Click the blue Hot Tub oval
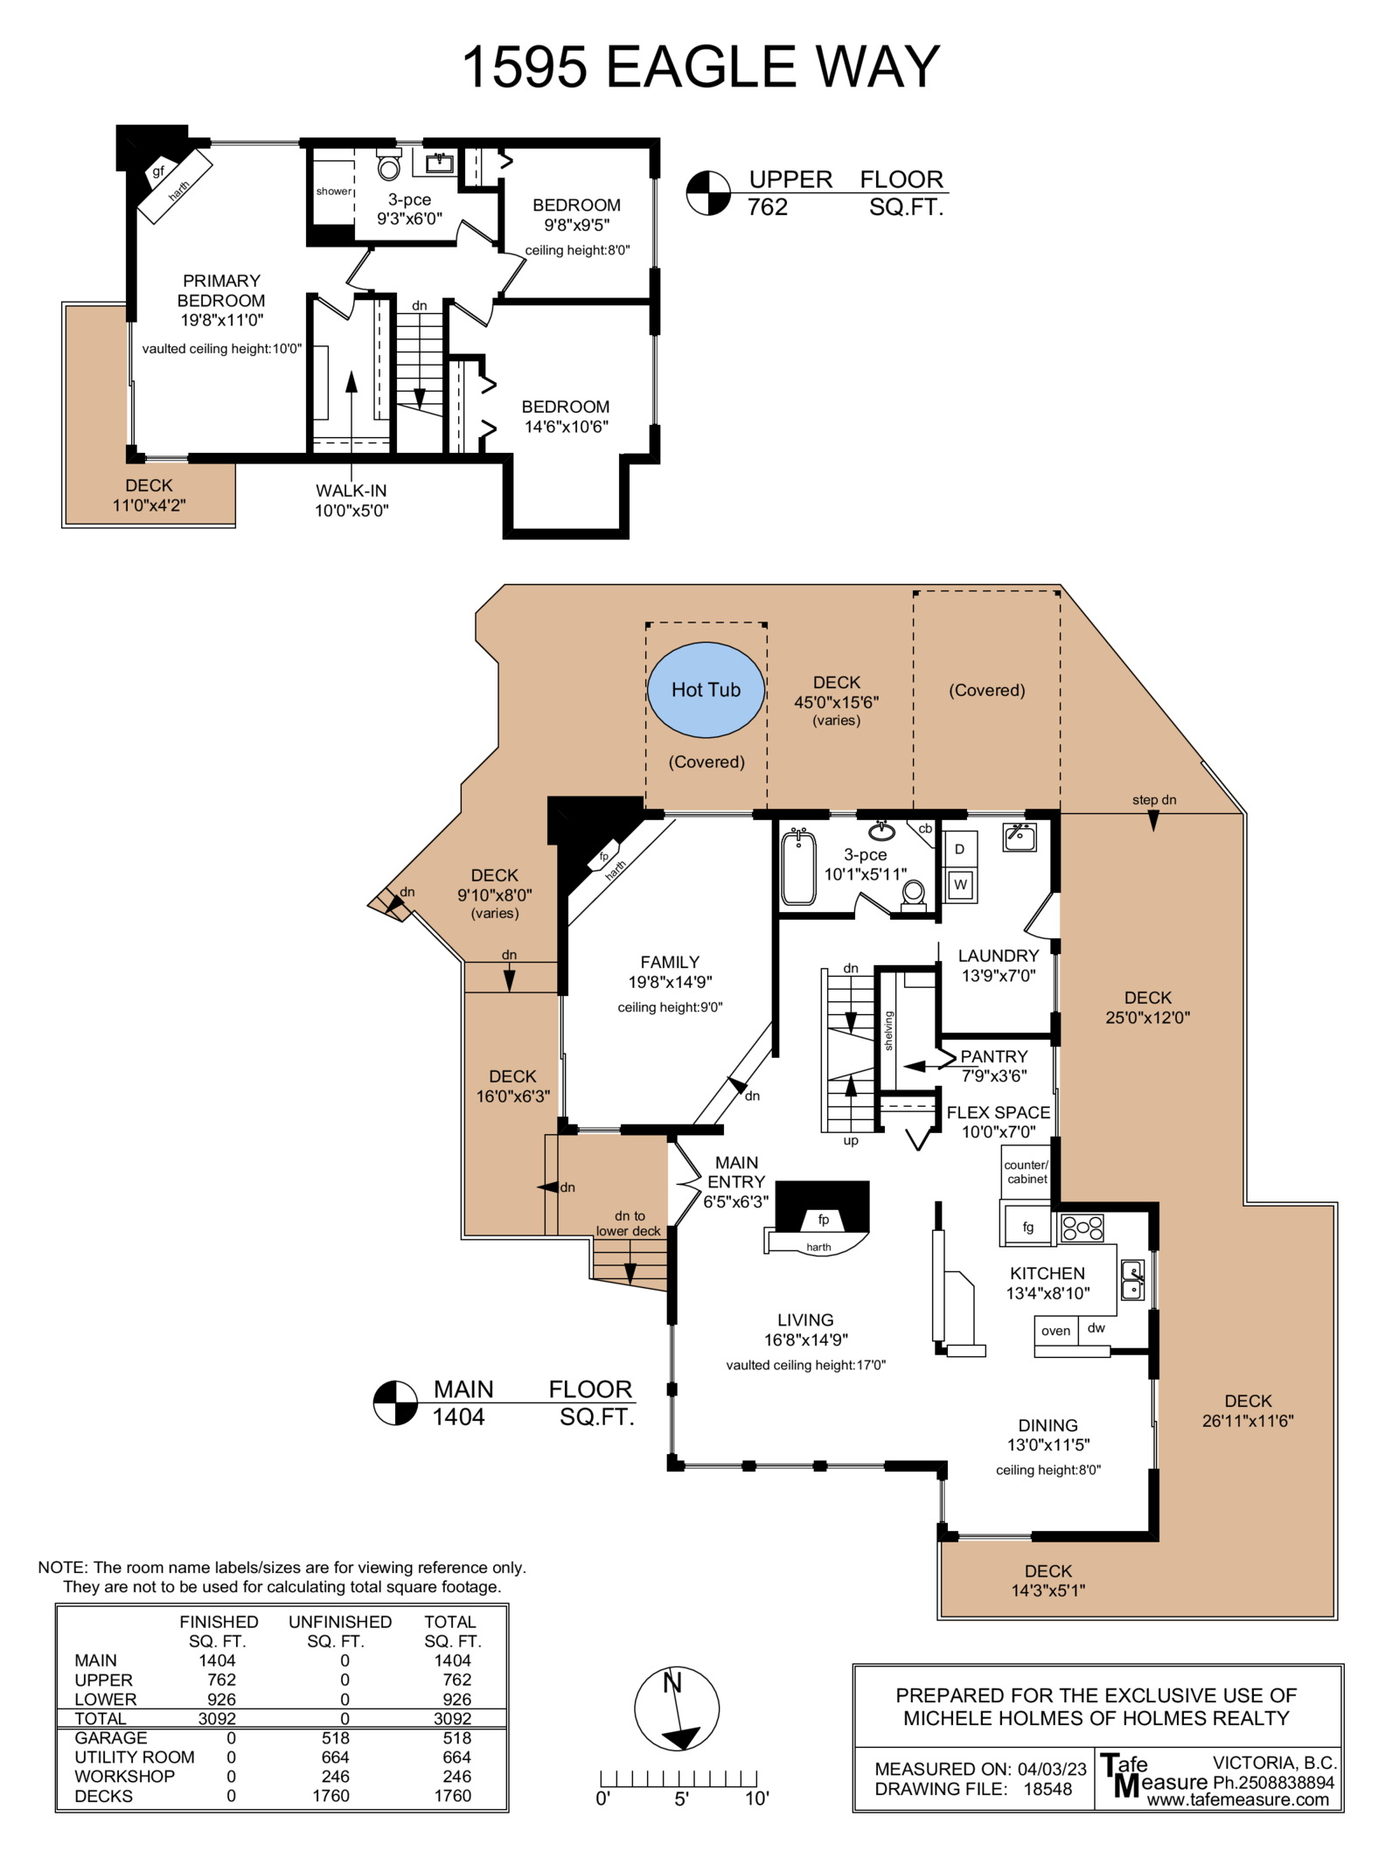click(706, 690)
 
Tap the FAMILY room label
click(670, 962)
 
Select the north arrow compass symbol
click(677, 1708)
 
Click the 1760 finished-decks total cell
click(453, 1795)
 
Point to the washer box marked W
click(960, 885)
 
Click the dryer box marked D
click(959, 849)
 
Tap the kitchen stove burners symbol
click(1082, 1228)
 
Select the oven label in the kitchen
click(1055, 1331)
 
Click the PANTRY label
click(994, 1056)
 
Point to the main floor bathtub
click(798, 867)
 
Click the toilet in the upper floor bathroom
click(389, 164)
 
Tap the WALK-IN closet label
click(351, 491)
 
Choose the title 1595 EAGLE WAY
click(700, 67)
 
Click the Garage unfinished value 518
click(335, 1737)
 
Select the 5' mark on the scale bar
click(682, 1798)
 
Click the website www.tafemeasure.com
click(1237, 1799)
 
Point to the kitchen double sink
click(1132, 1280)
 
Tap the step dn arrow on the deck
click(1153, 821)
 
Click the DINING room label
click(1048, 1425)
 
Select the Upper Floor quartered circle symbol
click(707, 192)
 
